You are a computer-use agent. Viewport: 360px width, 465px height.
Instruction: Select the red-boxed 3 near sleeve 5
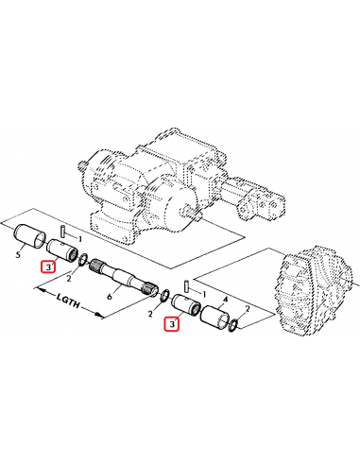pyautogui.click(x=48, y=268)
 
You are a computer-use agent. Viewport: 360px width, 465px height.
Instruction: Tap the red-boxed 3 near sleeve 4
pyautogui.click(x=171, y=325)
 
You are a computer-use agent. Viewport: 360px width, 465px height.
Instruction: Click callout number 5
pyautogui.click(x=18, y=255)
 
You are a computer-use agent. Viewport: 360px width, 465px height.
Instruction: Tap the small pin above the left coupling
pyautogui.click(x=61, y=229)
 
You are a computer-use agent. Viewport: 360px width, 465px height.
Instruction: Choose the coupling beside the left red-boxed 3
pyautogui.click(x=66, y=251)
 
